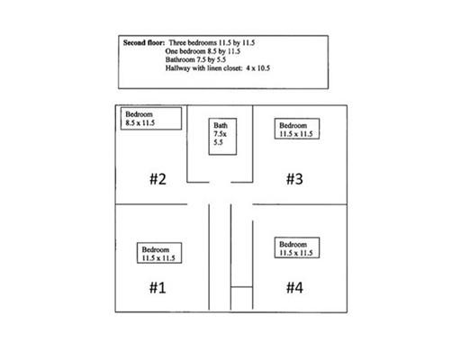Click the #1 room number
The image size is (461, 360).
tap(158, 288)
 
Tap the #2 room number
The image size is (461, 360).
tap(158, 179)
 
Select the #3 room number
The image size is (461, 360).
tap(294, 179)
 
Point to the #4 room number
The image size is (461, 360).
tap(294, 288)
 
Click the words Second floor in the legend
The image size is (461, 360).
tap(144, 42)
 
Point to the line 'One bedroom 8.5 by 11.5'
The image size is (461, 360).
tap(203, 51)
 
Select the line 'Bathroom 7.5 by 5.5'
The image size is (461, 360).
tap(195, 59)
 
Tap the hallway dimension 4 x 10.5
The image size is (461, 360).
tap(258, 68)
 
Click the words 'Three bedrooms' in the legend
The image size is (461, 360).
tap(193, 42)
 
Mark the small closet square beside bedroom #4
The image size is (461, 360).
tap(241, 298)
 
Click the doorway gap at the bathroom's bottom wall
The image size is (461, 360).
tap(220, 182)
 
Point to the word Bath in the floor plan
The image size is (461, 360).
tap(221, 125)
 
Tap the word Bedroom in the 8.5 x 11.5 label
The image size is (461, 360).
tap(139, 114)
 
